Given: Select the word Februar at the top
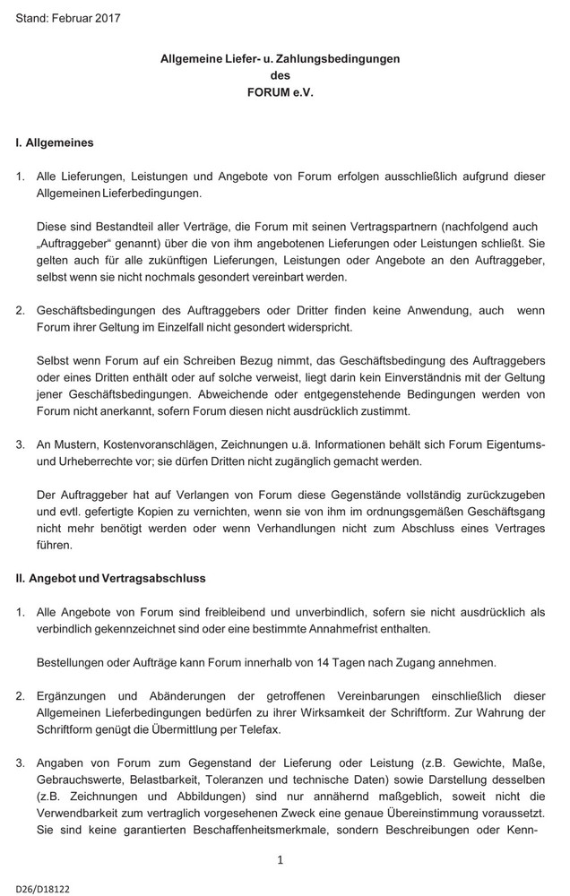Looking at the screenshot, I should pyautogui.click(x=73, y=18).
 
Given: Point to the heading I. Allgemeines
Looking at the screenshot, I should pyautogui.click(x=55, y=142).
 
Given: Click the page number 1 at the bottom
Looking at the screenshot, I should pyautogui.click(x=281, y=860).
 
